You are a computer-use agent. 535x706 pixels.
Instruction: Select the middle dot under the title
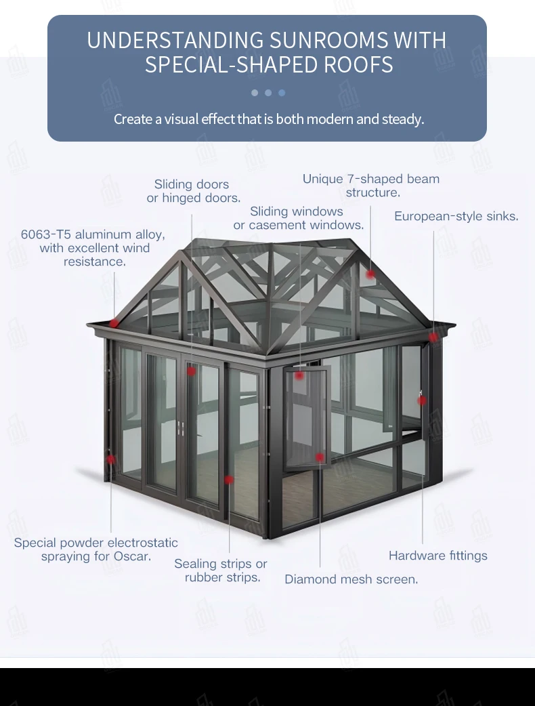click(x=268, y=93)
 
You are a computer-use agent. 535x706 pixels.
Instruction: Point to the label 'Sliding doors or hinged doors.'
click(x=193, y=191)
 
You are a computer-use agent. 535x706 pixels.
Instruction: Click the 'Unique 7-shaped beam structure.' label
click(x=371, y=186)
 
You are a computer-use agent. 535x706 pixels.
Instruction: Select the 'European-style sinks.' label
click(x=456, y=216)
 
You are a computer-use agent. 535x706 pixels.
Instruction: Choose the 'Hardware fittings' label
click(x=437, y=556)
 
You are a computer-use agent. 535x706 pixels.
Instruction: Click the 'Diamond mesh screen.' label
click(x=351, y=579)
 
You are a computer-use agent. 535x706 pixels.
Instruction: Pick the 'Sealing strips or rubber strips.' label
click(x=221, y=570)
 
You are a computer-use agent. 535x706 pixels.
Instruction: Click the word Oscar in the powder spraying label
click(x=133, y=556)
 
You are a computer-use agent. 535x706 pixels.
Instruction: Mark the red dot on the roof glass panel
click(x=370, y=274)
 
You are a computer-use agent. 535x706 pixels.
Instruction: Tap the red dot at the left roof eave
click(x=114, y=323)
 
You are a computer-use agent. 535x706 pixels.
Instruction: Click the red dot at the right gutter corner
click(x=433, y=337)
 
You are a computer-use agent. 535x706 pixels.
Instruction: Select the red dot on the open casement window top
click(x=299, y=375)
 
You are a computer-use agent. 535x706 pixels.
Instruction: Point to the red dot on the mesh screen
click(x=319, y=457)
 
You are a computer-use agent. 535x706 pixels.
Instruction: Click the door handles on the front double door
click(x=180, y=426)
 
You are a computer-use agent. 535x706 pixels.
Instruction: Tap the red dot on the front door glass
click(x=192, y=371)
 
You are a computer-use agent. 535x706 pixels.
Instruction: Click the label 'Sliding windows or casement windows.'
click(x=298, y=218)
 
